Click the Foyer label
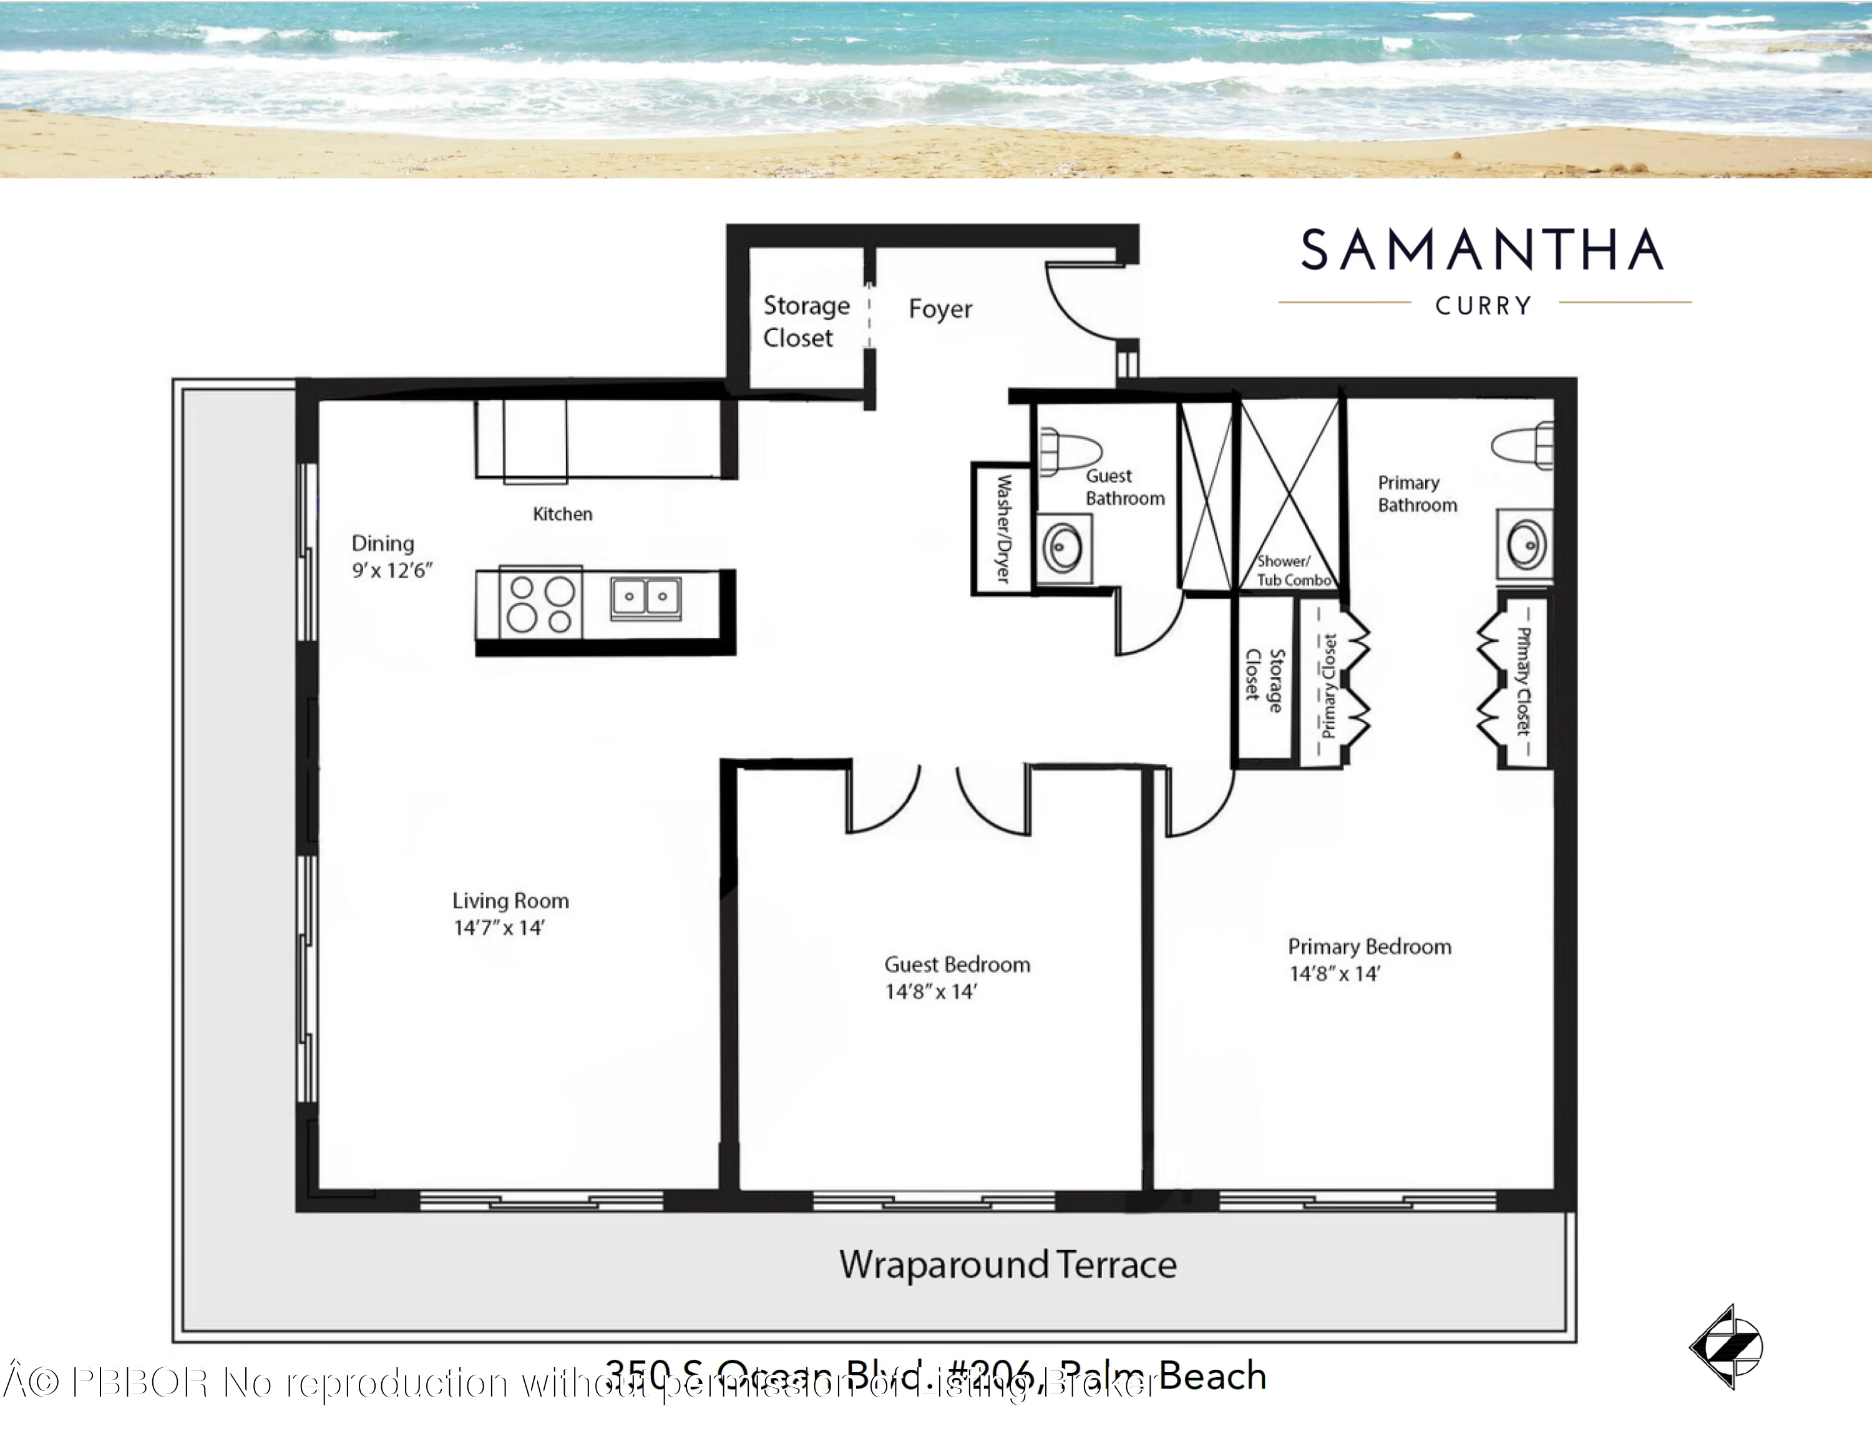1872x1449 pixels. click(940, 309)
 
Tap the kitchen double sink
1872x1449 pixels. click(645, 597)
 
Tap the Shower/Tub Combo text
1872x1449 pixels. click(1294, 571)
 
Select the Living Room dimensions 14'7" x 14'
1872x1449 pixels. click(499, 928)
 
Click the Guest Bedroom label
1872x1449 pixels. click(957, 965)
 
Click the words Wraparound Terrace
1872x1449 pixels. click(1007, 1265)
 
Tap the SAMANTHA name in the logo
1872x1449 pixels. click(1482, 250)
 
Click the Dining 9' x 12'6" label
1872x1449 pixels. click(392, 557)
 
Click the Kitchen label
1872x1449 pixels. click(562, 514)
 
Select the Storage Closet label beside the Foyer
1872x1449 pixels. click(805, 321)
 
